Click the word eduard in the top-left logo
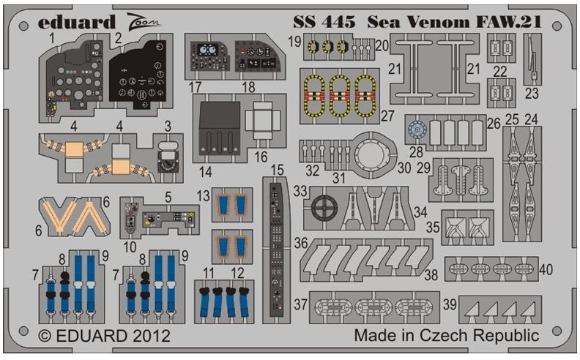[77, 22]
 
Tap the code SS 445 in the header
[324, 22]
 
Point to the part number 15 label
[277, 170]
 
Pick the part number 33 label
[300, 191]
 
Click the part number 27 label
[387, 116]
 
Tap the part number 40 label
[546, 269]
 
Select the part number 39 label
[450, 304]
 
